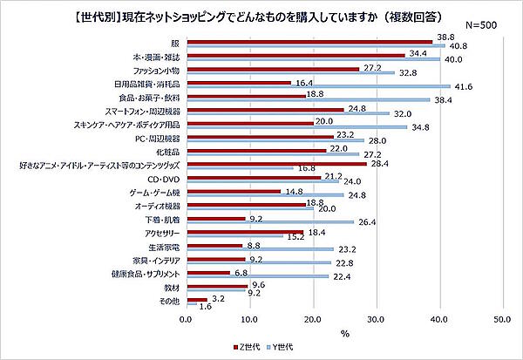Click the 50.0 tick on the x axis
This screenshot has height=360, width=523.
[501, 320]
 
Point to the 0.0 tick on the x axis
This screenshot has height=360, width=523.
[186, 320]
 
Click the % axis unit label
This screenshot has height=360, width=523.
[344, 333]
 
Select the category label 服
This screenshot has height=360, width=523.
[175, 43]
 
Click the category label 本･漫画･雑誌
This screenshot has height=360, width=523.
[154, 57]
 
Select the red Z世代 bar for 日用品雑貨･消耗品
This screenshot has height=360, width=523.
[237, 83]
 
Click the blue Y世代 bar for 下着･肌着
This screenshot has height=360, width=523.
[268, 222]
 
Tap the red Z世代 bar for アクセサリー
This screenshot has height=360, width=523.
[243, 231]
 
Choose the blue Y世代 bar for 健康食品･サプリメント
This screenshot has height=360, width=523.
[256, 276]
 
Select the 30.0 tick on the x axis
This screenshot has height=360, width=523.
[375, 320]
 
